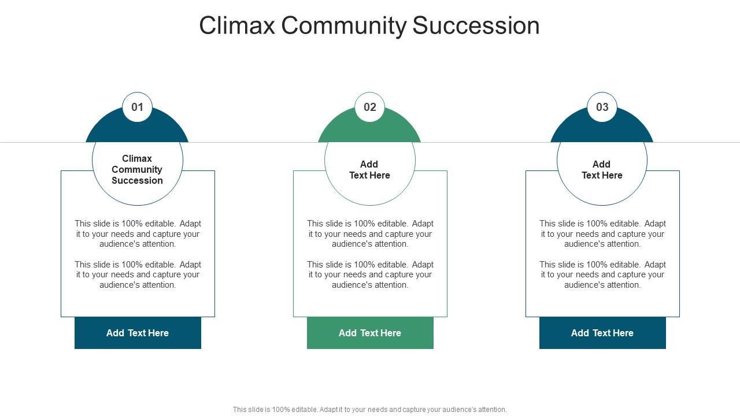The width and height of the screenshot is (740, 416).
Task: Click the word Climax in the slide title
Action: point(237,26)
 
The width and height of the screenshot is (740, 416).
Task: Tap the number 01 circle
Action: point(137,107)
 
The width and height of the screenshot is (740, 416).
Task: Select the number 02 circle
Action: point(370,107)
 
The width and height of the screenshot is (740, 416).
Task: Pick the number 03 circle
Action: point(602,107)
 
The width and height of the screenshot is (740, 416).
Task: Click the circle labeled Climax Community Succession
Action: point(137,169)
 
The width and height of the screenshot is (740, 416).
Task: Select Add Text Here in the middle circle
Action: point(369,170)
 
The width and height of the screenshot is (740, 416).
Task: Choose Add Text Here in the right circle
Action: point(602,170)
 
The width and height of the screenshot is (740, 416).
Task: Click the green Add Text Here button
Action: point(370,333)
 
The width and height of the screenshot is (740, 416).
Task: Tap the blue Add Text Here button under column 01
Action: point(138,333)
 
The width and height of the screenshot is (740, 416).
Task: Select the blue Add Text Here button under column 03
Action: point(602,333)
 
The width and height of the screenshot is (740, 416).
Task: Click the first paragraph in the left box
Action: point(138,233)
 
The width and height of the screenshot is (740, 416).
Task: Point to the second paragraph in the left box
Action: point(138,274)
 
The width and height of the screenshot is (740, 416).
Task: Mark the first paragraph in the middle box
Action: point(370,233)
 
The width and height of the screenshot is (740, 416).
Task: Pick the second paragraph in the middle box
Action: point(370,274)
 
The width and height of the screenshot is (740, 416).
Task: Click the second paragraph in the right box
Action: point(602,274)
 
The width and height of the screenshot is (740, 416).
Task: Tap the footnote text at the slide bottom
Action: point(370,410)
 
